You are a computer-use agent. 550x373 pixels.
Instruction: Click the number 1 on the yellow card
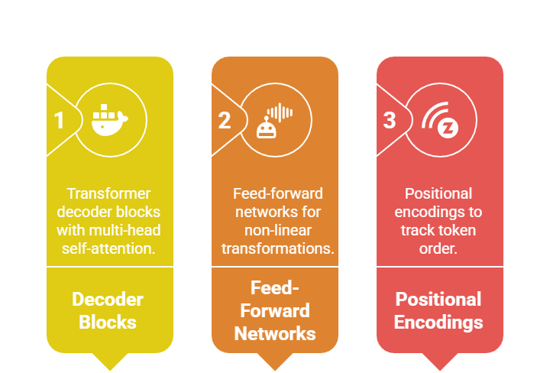coord(59,121)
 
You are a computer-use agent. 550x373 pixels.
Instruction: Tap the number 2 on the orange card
coord(224,121)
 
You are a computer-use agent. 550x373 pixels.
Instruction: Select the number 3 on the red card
coord(390,121)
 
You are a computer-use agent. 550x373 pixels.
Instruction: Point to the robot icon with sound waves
coord(276,121)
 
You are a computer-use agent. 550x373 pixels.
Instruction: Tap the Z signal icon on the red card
coord(441,121)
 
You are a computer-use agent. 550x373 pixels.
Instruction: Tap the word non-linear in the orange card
coord(275,230)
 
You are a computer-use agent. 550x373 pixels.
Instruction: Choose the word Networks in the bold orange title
coord(275,333)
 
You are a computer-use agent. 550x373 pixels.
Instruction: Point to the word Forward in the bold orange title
coord(275,310)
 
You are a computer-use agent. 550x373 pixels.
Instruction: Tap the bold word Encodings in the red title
coord(439,322)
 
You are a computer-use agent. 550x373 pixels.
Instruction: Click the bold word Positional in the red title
coord(439,299)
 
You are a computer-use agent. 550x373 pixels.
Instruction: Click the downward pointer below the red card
coord(440,361)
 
